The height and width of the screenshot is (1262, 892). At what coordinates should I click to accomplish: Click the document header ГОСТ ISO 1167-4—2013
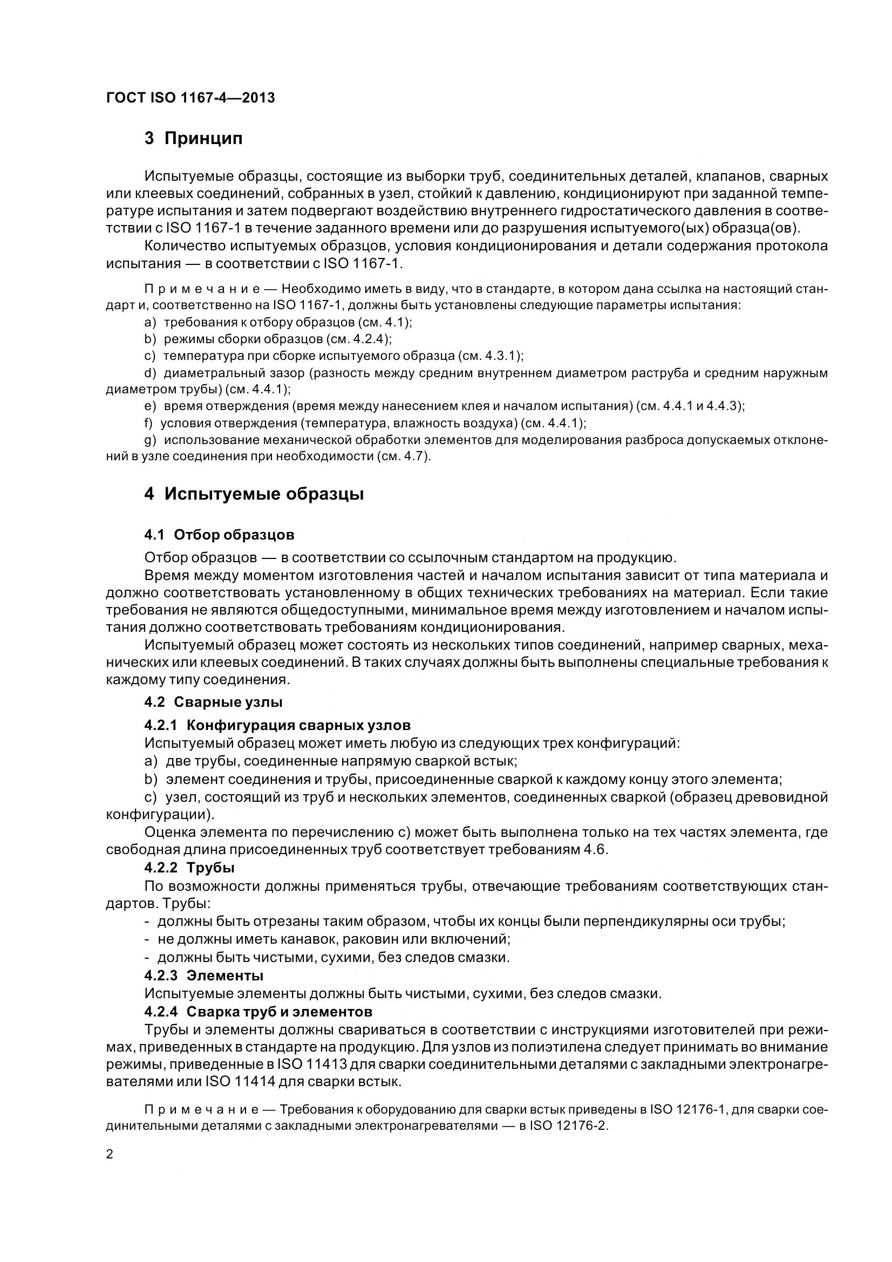pos(190,98)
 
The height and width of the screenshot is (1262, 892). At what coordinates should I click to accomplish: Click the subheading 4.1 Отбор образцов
pos(219,535)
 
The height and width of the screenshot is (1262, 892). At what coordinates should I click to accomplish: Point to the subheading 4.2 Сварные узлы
pos(213,702)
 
